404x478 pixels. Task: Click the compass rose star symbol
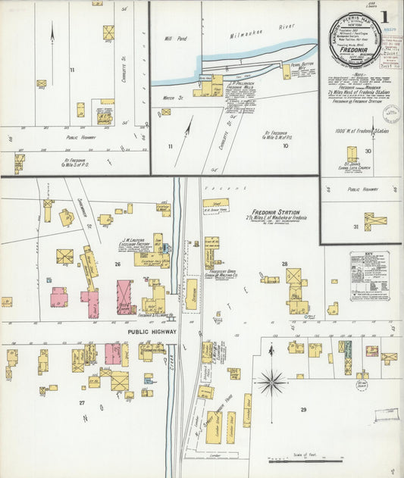(x=271, y=382)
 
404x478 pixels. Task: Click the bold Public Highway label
(x=152, y=332)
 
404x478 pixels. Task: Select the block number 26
(x=117, y=264)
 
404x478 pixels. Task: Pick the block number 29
(x=303, y=410)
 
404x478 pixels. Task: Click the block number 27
(x=82, y=402)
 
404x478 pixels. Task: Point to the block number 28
(x=285, y=264)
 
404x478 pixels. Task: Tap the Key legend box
(x=369, y=276)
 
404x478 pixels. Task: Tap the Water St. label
(x=168, y=98)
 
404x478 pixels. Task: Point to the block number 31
(x=355, y=227)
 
